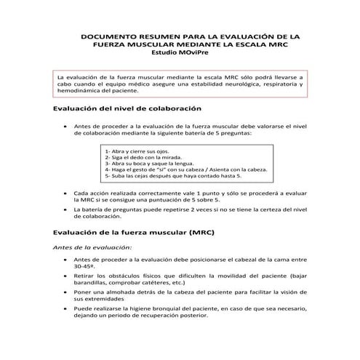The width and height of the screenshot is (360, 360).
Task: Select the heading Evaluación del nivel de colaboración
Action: (x=127, y=108)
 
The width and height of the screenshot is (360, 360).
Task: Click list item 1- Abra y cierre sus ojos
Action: (x=137, y=150)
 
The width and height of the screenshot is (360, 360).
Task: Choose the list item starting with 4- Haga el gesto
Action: (x=185, y=169)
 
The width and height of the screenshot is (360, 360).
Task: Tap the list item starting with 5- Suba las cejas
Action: (x=172, y=176)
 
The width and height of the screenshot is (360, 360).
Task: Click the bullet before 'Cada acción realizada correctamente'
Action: (x=66, y=193)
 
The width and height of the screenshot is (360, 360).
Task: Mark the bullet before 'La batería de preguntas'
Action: (x=66, y=209)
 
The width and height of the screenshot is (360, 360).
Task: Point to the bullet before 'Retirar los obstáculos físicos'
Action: (x=66, y=276)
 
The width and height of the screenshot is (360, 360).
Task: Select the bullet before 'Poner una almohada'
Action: (x=66, y=292)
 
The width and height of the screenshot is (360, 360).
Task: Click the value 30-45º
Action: (x=84, y=267)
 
